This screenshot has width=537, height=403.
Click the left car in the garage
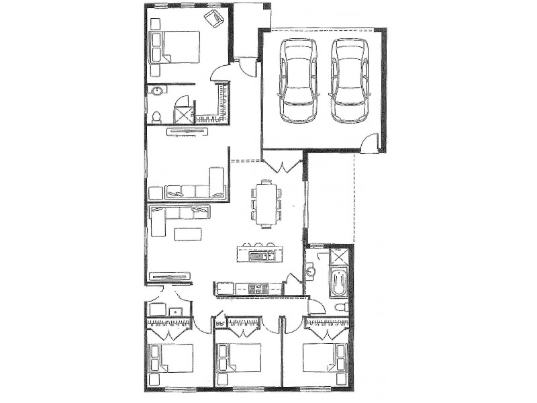coord(298,81)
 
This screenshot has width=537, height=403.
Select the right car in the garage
coord(349,81)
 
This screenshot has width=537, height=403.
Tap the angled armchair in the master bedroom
coord(215,19)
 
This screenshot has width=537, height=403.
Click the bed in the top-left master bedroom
coord(179,47)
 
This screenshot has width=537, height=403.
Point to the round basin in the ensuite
coord(156,92)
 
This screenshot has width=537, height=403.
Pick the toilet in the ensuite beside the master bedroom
coord(156,116)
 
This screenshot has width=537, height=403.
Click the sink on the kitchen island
coord(258,255)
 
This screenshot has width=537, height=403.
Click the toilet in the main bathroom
coord(340,306)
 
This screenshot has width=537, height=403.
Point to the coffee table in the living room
coord(187,234)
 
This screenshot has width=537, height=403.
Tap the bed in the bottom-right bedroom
coord(326,358)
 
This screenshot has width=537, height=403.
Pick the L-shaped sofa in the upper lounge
coord(195,189)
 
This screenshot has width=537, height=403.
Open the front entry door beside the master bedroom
coord(246,67)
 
